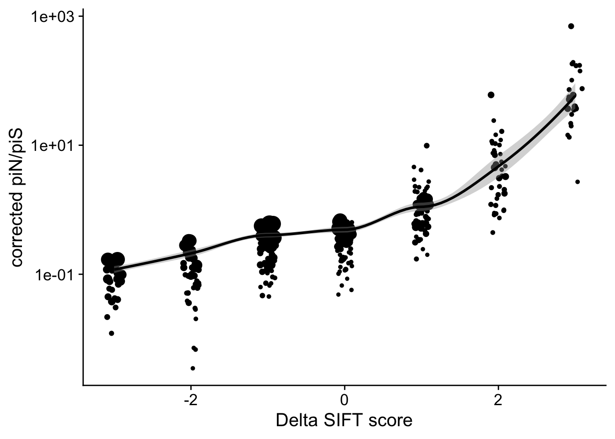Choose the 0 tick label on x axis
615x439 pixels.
(344, 399)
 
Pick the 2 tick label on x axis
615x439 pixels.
(498, 399)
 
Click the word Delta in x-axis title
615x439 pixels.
(295, 420)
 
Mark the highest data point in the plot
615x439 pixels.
(571, 26)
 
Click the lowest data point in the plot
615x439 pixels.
(193, 368)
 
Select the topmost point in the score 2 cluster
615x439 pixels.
(491, 95)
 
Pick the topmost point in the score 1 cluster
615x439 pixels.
(427, 145)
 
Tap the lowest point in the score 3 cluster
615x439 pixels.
(577, 182)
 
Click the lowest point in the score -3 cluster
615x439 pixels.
(111, 333)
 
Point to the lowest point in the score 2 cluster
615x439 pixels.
(493, 232)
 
